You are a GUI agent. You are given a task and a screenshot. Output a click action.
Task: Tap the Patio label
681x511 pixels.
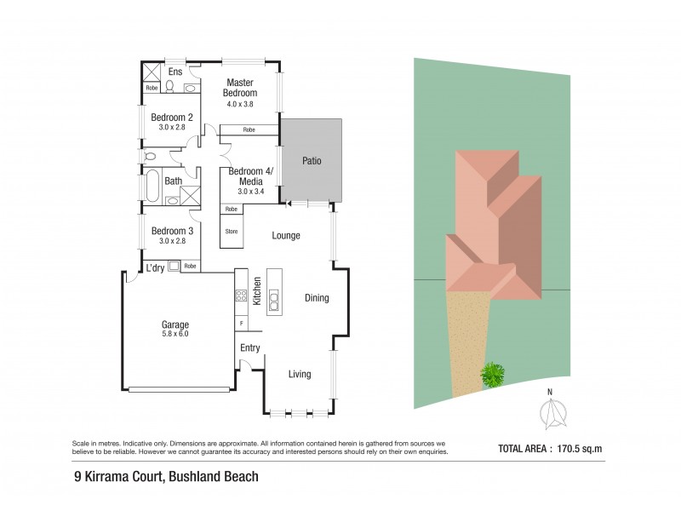(312, 161)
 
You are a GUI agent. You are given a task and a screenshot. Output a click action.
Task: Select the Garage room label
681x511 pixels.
(175, 324)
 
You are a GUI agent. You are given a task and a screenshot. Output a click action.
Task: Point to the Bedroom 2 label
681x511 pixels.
(172, 118)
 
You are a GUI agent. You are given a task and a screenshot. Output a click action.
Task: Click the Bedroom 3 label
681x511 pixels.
(172, 231)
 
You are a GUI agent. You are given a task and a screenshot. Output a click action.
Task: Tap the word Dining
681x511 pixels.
(317, 298)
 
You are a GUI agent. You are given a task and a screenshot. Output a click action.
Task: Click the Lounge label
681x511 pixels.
(285, 235)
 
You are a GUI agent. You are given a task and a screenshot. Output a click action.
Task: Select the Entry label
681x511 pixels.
(250, 347)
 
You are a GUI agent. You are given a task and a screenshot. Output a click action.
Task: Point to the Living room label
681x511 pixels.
(299, 374)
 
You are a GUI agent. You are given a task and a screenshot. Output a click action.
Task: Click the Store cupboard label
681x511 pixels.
(230, 231)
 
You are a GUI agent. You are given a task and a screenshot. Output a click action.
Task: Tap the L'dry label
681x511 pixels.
(155, 267)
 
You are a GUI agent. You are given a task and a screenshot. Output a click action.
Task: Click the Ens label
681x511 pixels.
(175, 71)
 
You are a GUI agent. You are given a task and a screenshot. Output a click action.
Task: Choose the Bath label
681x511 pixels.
(174, 181)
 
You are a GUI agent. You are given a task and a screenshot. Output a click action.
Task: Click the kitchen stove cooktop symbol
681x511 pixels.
(241, 296)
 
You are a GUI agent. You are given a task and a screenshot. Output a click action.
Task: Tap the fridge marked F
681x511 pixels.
(241, 324)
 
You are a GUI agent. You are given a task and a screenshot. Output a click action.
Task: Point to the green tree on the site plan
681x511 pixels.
(492, 373)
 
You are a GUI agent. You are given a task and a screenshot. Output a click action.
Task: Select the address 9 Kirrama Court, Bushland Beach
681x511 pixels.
(166, 477)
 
